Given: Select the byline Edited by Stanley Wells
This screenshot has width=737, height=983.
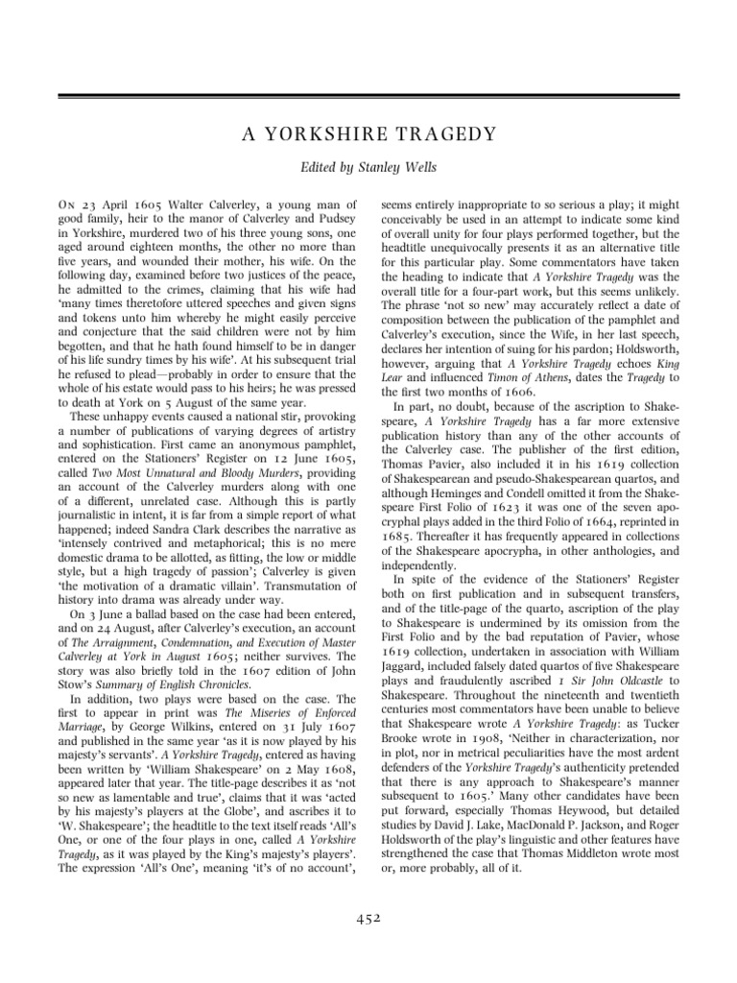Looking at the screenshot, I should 368,167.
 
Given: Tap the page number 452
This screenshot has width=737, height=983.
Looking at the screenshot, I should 368,918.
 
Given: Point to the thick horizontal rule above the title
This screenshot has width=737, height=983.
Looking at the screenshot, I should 368,96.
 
